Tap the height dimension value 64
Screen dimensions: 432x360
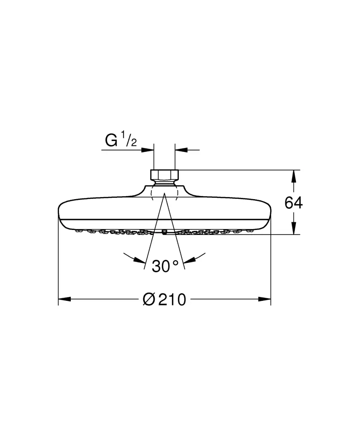click(293, 203)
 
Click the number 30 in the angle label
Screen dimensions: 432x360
click(161, 266)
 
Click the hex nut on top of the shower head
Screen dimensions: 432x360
click(164, 175)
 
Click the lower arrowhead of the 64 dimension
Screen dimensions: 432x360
click(294, 229)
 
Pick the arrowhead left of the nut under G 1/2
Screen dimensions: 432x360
click(149, 149)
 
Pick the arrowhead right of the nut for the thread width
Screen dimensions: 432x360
click(180, 149)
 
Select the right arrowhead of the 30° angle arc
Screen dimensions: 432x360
click(189, 260)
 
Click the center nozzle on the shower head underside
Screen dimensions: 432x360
click(164, 232)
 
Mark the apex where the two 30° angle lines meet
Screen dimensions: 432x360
click(164, 195)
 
